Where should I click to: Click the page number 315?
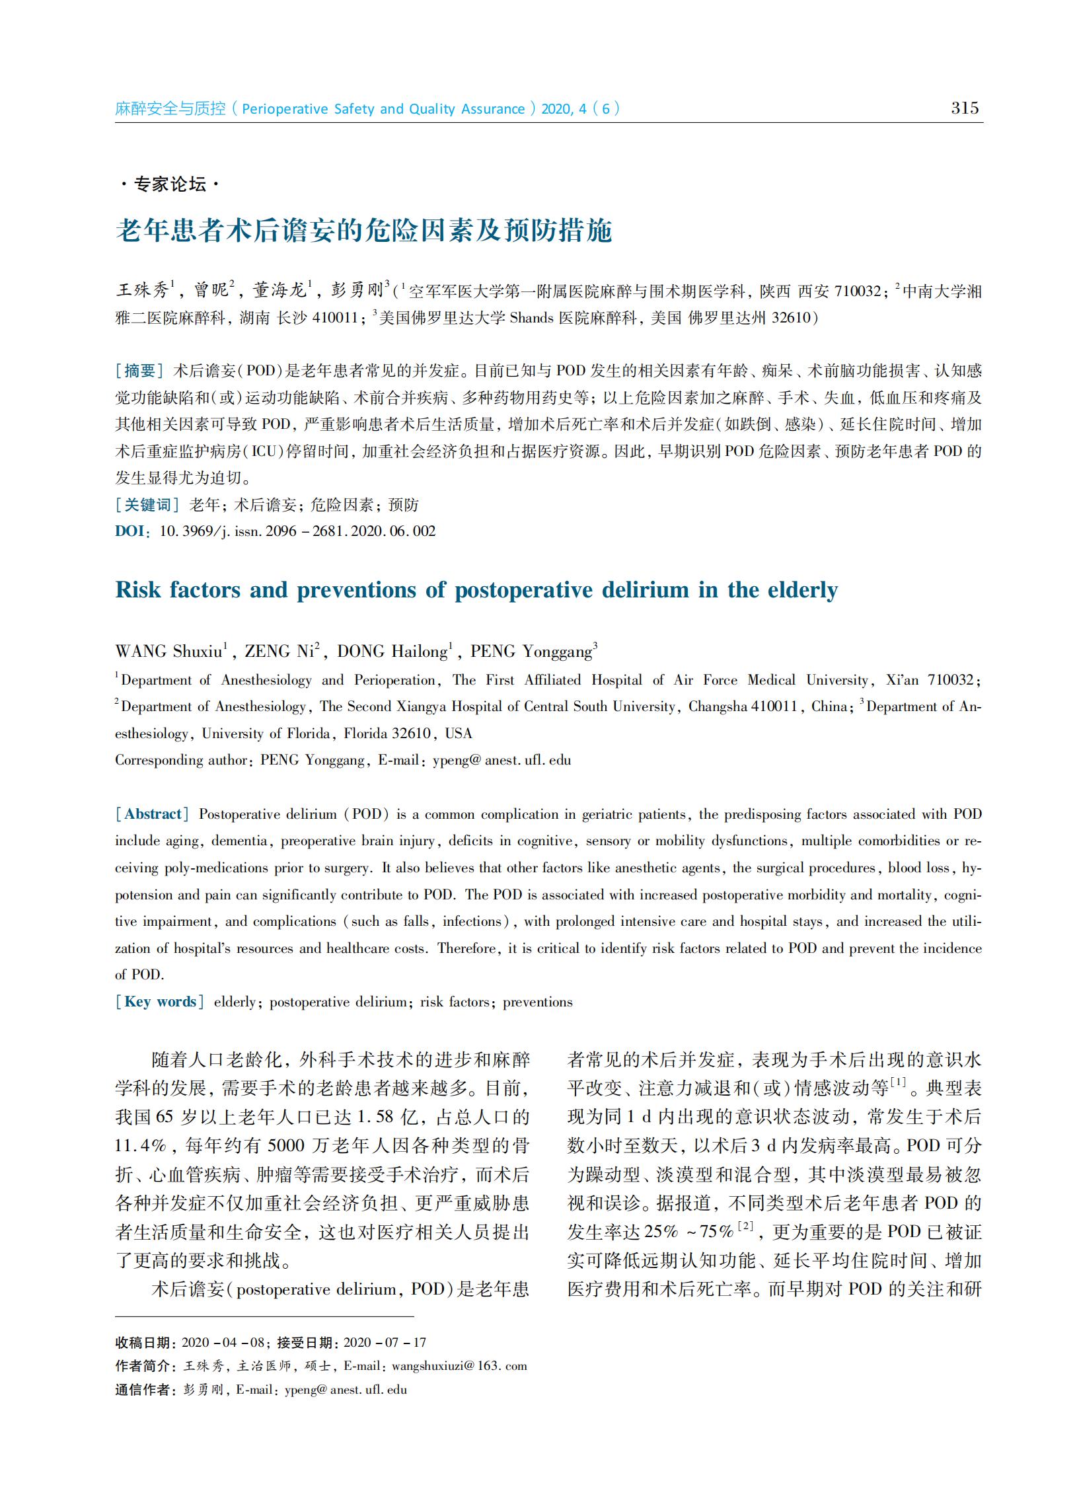point(964,108)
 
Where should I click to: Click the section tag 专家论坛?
point(170,184)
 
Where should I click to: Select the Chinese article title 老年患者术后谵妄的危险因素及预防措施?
point(363,231)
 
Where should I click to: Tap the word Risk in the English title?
point(138,589)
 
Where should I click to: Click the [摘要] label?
point(140,371)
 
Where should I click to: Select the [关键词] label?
point(147,505)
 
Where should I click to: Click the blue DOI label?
point(130,531)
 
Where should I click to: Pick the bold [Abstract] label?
point(153,814)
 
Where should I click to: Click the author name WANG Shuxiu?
point(168,652)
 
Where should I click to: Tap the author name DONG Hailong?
point(392,652)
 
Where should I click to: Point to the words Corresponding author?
point(180,760)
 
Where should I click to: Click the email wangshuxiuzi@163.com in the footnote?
point(459,1365)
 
